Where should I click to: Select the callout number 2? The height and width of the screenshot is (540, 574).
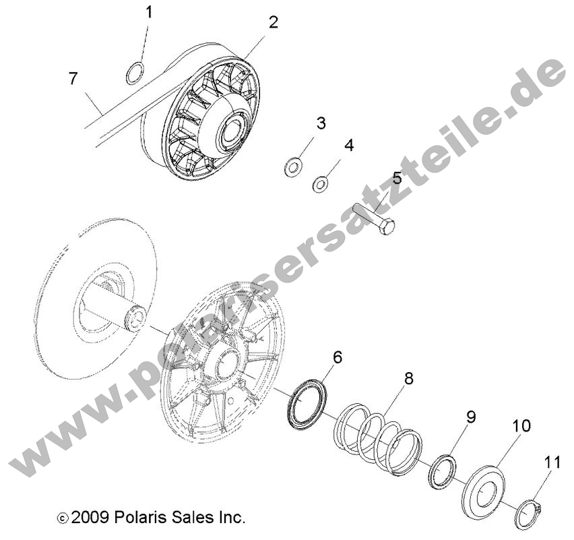[x=273, y=22]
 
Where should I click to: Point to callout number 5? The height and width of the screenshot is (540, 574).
[x=397, y=179]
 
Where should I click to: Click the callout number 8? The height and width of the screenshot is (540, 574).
[x=409, y=380]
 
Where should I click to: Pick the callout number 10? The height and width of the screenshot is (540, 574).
[x=521, y=426]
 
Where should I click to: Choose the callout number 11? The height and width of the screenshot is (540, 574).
[x=552, y=463]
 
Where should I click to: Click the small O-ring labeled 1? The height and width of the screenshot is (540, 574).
[x=135, y=73]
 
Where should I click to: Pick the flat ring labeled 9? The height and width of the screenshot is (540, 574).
[x=443, y=471]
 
